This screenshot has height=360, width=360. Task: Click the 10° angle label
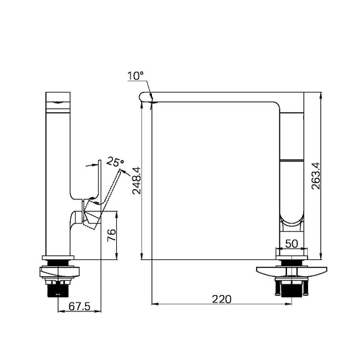tap(136, 76)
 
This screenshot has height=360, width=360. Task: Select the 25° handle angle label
tap(115, 161)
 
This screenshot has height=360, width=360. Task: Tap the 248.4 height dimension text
tap(136, 181)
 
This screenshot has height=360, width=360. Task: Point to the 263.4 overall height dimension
tap(315, 176)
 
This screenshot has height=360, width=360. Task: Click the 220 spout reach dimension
tap(222, 299)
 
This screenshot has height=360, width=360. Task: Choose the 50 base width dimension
tap(292, 244)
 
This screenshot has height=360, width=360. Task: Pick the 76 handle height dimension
tap(111, 235)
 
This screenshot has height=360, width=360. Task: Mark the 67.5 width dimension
tap(80, 306)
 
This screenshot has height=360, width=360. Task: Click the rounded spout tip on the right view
tap(143, 97)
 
